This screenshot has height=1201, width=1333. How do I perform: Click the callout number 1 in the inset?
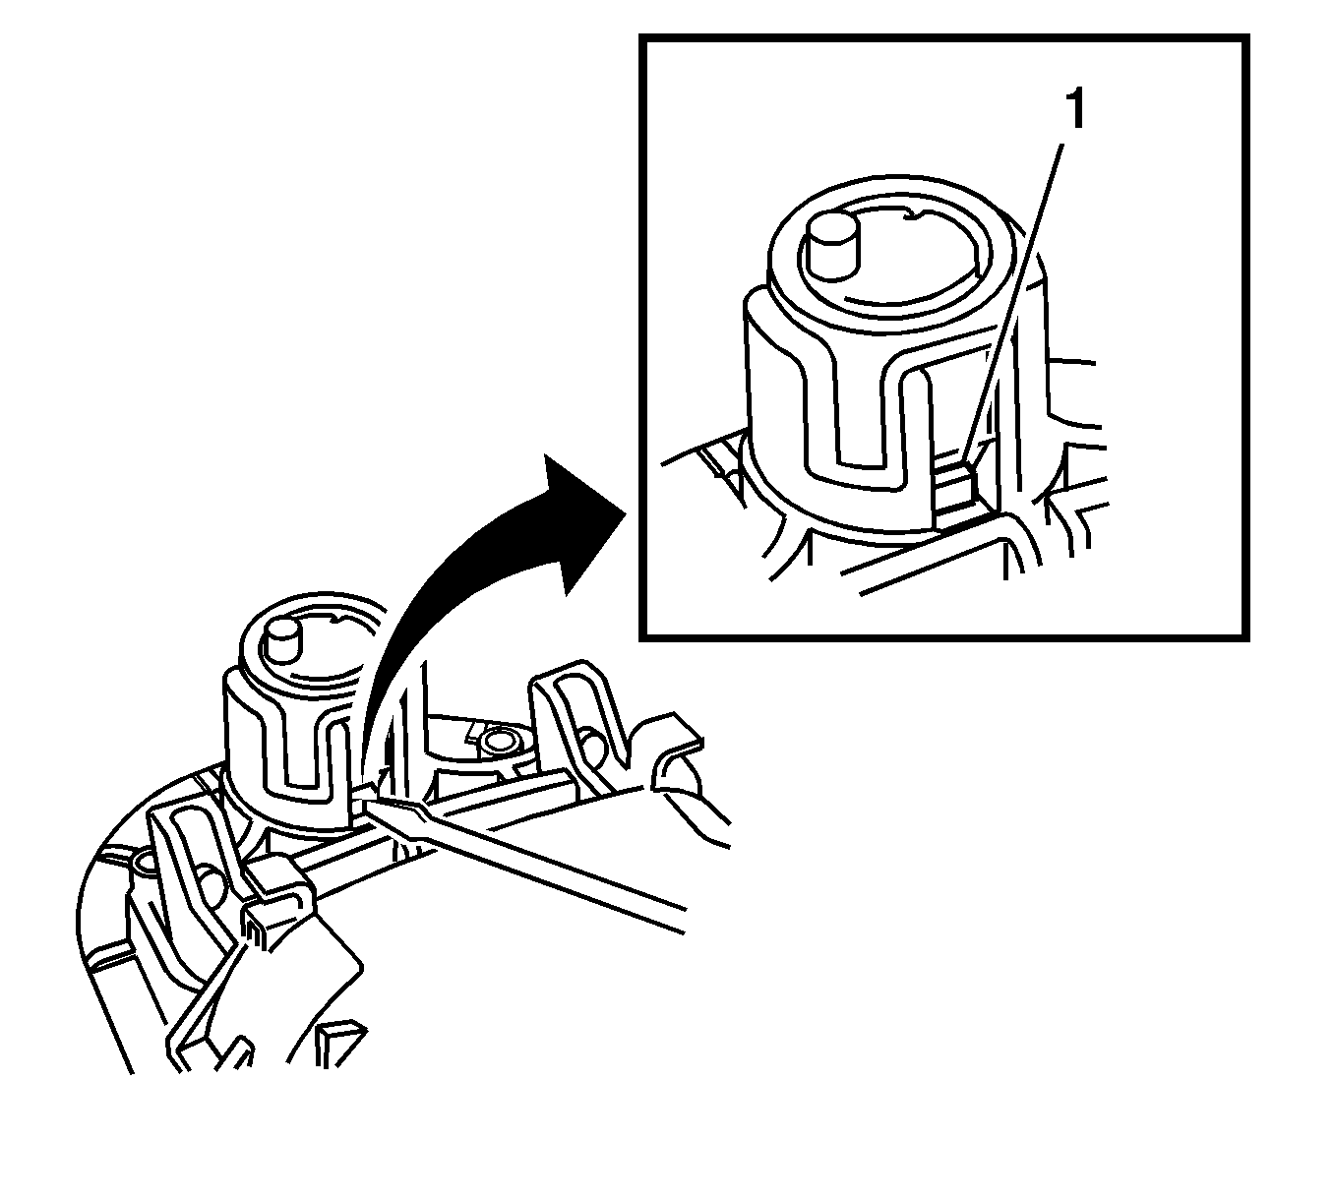pos(1075,109)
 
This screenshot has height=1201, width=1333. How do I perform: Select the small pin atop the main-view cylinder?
pos(283,641)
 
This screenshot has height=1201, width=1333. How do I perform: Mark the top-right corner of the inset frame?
pos(1246,37)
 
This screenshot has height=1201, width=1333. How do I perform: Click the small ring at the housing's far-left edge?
pos(143,863)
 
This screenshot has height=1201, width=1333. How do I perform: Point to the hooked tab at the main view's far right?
pos(677,751)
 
